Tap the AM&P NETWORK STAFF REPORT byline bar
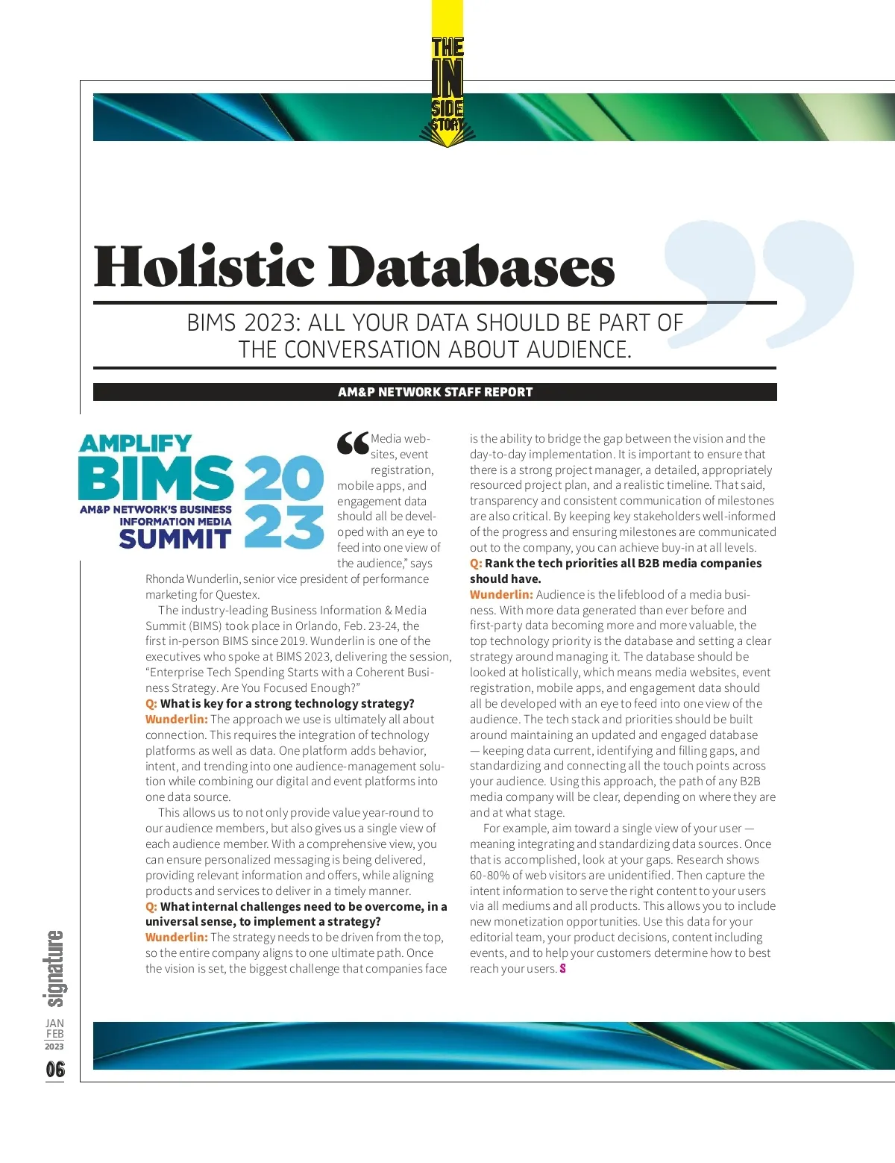click(x=435, y=392)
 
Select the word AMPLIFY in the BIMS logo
click(x=135, y=443)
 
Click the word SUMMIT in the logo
click(x=175, y=539)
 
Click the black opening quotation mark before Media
click(x=353, y=443)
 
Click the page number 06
click(x=54, y=1069)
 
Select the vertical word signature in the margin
click(x=54, y=968)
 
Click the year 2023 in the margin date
click(x=54, y=1047)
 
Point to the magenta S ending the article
click(x=562, y=968)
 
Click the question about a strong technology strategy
click(x=287, y=703)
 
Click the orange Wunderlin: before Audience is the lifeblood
click(x=501, y=594)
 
